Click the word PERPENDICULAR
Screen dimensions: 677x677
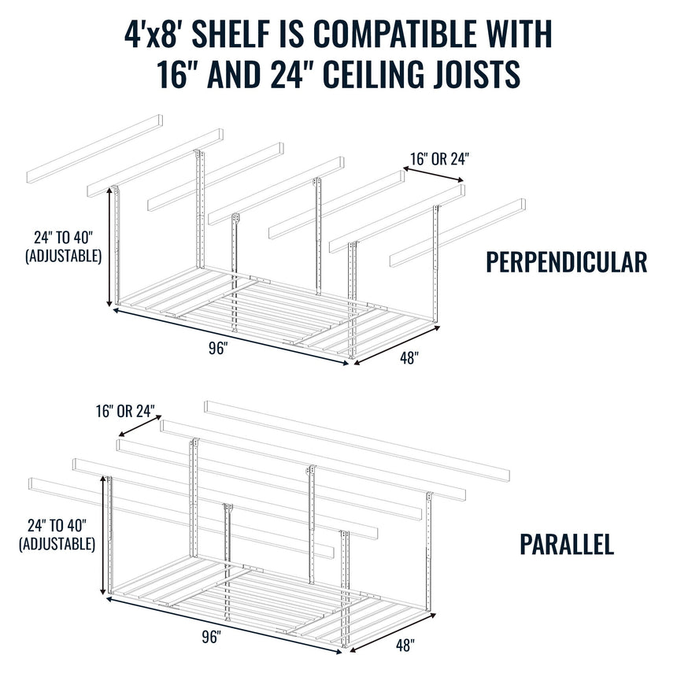[x=567, y=262]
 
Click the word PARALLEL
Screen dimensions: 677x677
[x=567, y=545]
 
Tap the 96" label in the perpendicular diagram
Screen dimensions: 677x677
[x=218, y=350]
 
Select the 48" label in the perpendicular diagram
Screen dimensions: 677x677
[x=409, y=358]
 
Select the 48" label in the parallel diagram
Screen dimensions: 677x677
[x=405, y=646]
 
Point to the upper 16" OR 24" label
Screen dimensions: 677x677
[x=439, y=158]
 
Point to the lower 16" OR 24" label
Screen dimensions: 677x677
[x=126, y=412]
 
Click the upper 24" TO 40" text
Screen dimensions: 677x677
[x=66, y=236]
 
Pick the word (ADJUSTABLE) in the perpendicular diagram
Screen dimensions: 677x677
[x=64, y=255]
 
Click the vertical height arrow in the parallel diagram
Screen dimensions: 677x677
[x=103, y=536]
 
